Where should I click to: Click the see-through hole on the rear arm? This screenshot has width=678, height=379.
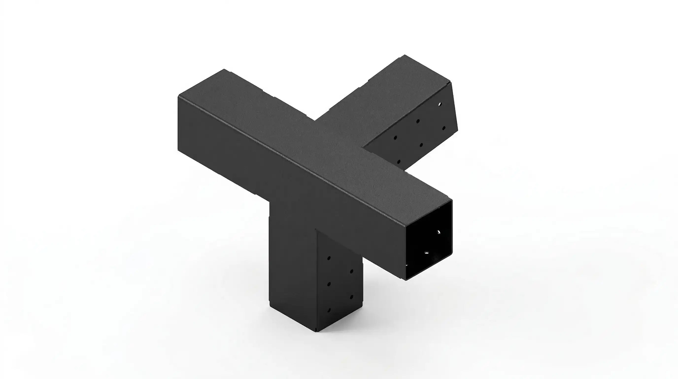point(440,104)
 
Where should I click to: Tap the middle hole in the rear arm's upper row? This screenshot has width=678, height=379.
point(418,121)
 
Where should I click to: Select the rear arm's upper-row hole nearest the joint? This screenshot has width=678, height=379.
point(395,138)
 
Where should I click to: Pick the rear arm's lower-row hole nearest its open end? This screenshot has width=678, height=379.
point(444,128)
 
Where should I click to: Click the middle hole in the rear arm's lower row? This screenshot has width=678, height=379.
point(421,145)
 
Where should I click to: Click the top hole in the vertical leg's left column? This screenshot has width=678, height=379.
point(329,258)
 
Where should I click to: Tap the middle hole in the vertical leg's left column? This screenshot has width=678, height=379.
point(329,284)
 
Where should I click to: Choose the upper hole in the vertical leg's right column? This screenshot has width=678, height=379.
point(351,271)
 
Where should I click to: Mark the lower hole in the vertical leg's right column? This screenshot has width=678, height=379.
point(351,297)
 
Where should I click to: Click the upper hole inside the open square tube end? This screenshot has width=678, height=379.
point(439,232)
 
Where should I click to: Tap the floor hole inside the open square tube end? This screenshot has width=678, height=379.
point(426,253)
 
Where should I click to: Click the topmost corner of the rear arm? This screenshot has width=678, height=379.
point(405,55)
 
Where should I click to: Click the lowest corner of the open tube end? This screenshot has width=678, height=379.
point(406,280)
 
